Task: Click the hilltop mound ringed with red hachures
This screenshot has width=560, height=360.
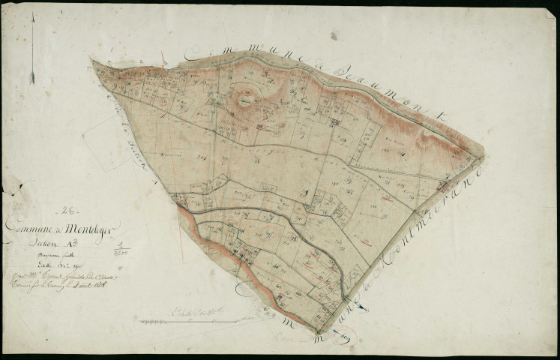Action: coord(247,96)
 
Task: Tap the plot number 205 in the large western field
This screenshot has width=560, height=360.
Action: coord(200,158)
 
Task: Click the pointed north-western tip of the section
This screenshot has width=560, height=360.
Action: coord(92,61)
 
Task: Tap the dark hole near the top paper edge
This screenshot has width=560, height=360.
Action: coord(333,35)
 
